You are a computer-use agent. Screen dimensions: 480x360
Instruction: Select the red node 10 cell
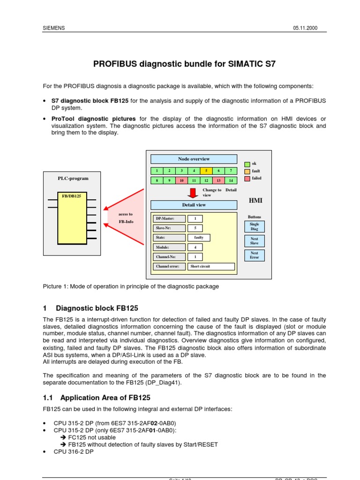pyautogui.click(x=181, y=180)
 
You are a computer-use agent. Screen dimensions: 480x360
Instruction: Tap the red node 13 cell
pyautogui.click(x=218, y=180)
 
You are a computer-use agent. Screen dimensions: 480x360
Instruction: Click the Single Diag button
pyautogui.click(x=254, y=227)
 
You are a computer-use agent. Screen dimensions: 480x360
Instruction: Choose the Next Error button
pyautogui.click(x=254, y=255)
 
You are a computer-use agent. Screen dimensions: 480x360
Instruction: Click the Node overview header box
pyautogui.click(x=194, y=159)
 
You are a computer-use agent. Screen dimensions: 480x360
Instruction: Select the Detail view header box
pyautogui.click(x=194, y=205)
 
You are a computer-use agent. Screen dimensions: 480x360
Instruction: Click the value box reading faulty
pyautogui.click(x=199, y=238)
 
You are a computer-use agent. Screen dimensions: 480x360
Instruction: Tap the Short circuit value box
pyautogui.click(x=211, y=266)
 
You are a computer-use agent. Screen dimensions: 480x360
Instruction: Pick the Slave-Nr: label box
pyautogui.click(x=169, y=228)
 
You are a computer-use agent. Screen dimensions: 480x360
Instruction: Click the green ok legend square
pyautogui.click(x=247, y=164)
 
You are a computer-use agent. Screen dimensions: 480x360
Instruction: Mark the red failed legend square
pyautogui.click(x=247, y=179)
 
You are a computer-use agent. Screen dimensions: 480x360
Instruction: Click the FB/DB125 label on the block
pyautogui.click(x=72, y=196)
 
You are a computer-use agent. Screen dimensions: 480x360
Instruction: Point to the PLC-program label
pyautogui.click(x=73, y=178)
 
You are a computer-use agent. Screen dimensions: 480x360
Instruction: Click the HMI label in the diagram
pyautogui.click(x=255, y=201)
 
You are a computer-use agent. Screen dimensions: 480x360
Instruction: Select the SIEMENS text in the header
pyautogui.click(x=53, y=28)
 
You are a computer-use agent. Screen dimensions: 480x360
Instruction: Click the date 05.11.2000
pyautogui.click(x=305, y=28)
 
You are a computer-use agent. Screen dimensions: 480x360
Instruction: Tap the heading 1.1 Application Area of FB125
pyautogui.click(x=97, y=397)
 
